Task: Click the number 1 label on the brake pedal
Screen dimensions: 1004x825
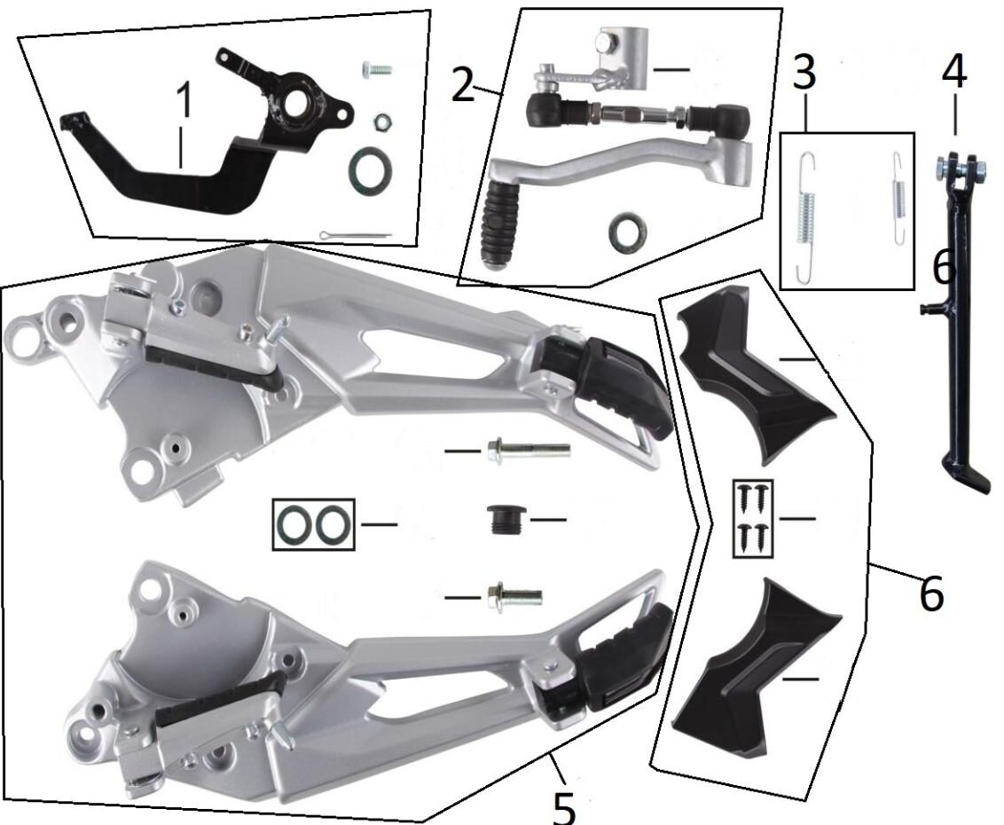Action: [184, 100]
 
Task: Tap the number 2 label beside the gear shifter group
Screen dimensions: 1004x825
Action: [463, 83]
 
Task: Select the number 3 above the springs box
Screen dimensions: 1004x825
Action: [804, 72]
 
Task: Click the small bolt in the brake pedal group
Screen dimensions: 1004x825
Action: [376, 69]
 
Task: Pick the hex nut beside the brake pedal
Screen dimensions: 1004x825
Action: [382, 121]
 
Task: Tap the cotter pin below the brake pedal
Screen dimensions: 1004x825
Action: [355, 235]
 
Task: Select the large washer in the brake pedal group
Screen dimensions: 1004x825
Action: [370, 169]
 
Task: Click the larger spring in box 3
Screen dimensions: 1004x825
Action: [806, 217]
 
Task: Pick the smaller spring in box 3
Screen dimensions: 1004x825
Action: [899, 199]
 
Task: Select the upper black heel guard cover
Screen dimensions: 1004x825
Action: [756, 374]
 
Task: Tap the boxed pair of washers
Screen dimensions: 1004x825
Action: [313, 524]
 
